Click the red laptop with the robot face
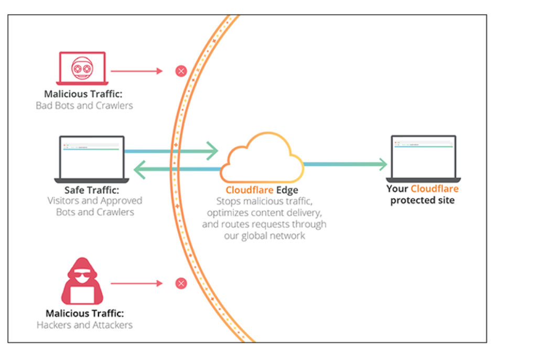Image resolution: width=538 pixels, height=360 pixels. tap(82, 68)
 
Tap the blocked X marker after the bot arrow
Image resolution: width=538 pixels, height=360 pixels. tap(181, 71)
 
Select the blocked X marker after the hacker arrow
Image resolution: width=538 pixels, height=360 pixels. tap(181, 283)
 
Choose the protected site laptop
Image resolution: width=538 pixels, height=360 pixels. tap(423, 159)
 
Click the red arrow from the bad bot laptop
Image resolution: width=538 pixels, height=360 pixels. tap(137, 71)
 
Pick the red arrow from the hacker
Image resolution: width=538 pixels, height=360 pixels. tap(137, 283)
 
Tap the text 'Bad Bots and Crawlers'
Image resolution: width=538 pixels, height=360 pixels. tap(84, 105)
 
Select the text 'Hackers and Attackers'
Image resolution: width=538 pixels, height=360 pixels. tap(84, 325)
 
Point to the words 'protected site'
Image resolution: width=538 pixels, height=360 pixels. tap(422, 200)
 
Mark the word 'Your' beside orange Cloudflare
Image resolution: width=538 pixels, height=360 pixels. tap(397, 189)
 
